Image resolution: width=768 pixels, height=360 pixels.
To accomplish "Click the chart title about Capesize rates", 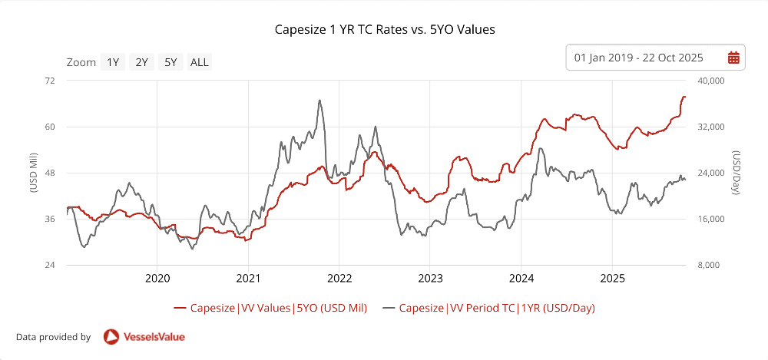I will [x=385, y=30].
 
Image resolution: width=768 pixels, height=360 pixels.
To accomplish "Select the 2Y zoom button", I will [x=142, y=62].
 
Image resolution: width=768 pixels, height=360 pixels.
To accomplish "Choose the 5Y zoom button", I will [x=170, y=62].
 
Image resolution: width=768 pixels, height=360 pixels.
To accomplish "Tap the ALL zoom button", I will [x=200, y=62].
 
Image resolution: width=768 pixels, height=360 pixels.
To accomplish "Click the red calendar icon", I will [x=733, y=58].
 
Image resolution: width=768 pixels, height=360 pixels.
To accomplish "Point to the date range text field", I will [x=639, y=58].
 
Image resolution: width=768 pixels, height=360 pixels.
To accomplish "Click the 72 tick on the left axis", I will [x=51, y=81].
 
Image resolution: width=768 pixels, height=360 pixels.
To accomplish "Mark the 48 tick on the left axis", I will [x=51, y=173].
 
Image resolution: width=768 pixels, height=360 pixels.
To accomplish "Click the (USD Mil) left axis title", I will [x=34, y=173].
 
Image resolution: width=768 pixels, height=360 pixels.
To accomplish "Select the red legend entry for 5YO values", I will [x=270, y=308].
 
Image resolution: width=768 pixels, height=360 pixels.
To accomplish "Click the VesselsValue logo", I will [x=144, y=336].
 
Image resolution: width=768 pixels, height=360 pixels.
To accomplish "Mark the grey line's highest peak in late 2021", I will [x=319, y=101].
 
